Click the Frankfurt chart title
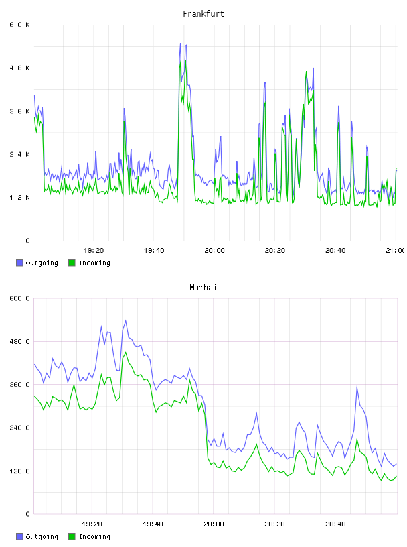[x=203, y=14]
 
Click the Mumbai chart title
[x=203, y=288]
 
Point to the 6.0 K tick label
[x=19, y=25]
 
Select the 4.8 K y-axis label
[x=19, y=68]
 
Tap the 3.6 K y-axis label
[x=19, y=111]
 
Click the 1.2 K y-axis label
[x=19, y=198]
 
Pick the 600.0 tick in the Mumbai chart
[x=19, y=298]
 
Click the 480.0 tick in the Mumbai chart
[x=19, y=341]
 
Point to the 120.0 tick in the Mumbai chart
[x=19, y=471]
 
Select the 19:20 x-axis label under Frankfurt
[x=94, y=251]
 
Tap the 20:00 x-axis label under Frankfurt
[x=214, y=251]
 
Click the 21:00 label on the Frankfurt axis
[x=395, y=251]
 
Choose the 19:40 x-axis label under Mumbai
[x=153, y=524]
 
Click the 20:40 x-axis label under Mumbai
[x=335, y=524]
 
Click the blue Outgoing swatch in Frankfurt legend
[x=19, y=263]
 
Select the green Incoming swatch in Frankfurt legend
[x=72, y=263]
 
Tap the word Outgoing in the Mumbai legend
[x=42, y=536]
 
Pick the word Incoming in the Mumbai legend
[x=94, y=536]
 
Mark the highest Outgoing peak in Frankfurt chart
[x=180, y=44]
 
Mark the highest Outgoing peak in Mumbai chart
[x=125, y=320]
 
